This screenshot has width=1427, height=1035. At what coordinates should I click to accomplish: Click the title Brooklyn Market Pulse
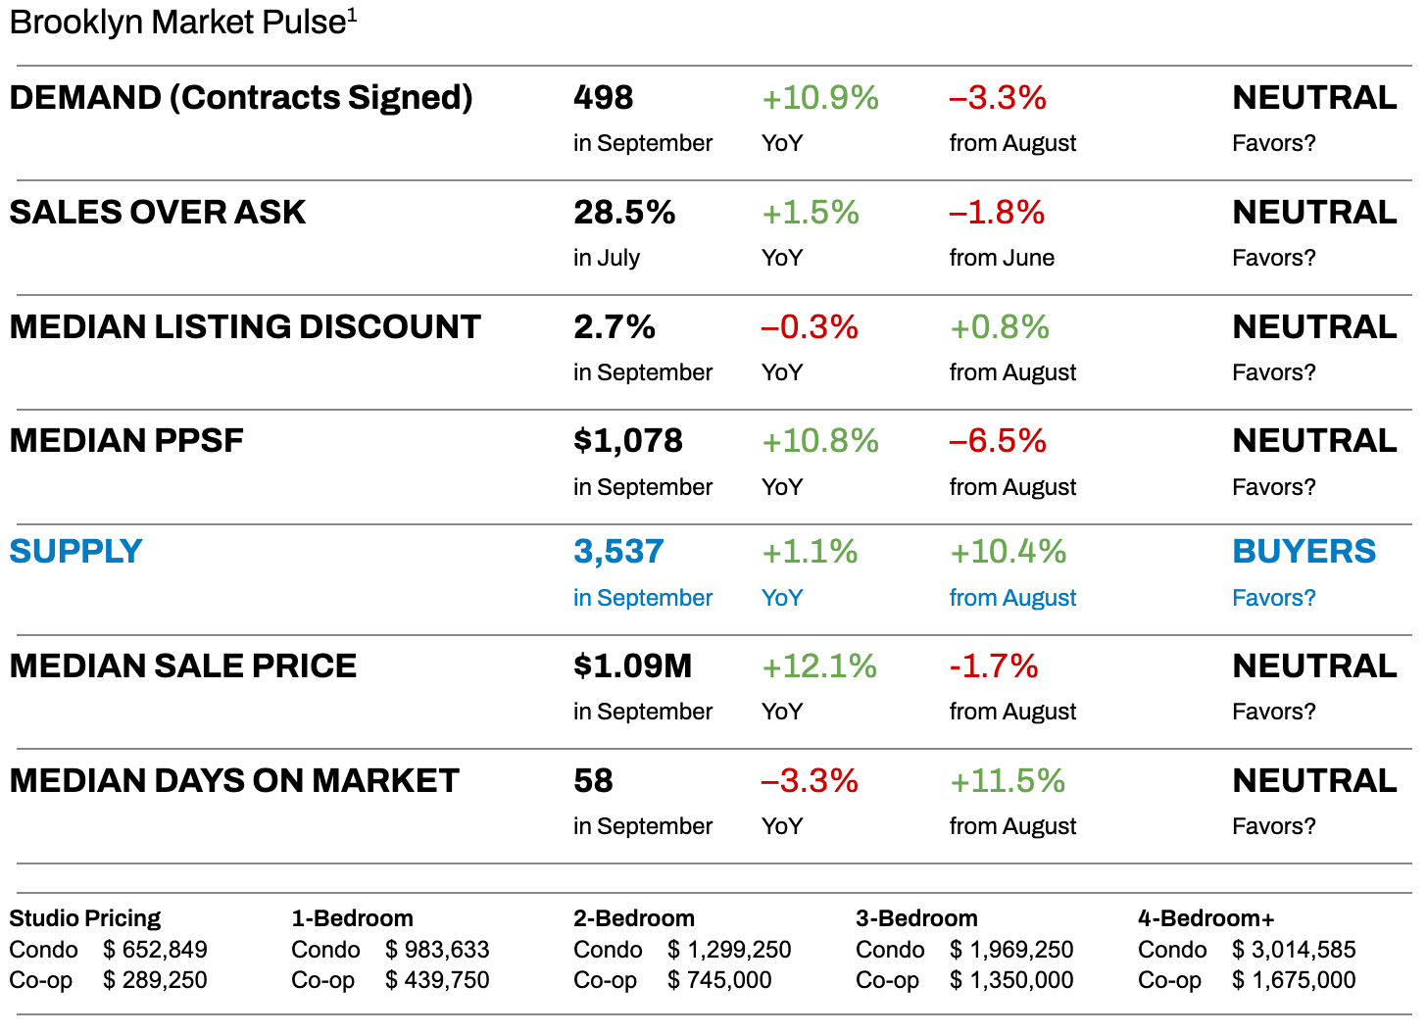pos(177,22)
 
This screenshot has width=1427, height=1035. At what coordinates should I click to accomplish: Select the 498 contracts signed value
pos(603,98)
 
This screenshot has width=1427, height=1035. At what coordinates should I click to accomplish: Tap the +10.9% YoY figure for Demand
pos(819,98)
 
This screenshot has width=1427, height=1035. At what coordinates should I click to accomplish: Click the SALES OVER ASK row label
pos(157,213)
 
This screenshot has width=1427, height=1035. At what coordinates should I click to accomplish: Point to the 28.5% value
pos(624,213)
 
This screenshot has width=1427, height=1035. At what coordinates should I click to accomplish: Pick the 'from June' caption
pos(1002,258)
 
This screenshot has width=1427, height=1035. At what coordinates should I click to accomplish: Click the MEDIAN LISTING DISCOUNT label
pos(245,327)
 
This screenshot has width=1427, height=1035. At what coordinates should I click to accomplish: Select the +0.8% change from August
pos(999,327)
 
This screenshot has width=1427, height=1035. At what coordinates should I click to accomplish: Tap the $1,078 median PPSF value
pos(627,441)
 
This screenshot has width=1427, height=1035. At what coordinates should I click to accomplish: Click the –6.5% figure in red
pos(997,441)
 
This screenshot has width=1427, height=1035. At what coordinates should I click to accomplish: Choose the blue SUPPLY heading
pos(75,552)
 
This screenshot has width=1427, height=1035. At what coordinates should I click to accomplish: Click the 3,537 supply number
pos(618,552)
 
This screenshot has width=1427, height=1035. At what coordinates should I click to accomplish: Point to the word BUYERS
pos(1304,552)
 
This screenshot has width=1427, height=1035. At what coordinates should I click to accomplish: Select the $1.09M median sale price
pos(632,666)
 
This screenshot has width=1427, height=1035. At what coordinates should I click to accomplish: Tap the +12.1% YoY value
pos(818,666)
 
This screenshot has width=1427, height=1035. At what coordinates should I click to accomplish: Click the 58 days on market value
pos(593,781)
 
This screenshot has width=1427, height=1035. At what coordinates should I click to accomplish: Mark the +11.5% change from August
pos(1007,781)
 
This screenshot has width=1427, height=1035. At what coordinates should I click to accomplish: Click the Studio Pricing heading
pos(84,918)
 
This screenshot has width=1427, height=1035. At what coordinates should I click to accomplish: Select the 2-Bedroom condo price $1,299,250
pos(729,950)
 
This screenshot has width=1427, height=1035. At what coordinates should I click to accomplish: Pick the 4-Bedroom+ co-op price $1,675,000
pos(1294,980)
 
